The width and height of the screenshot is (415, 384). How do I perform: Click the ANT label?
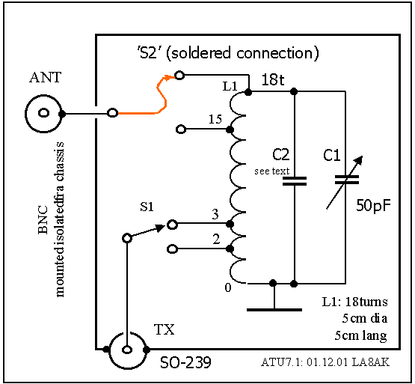pos(46,77)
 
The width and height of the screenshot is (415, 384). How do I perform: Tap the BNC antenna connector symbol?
pos(44,113)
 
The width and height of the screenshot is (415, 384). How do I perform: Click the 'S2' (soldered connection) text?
pos(228,53)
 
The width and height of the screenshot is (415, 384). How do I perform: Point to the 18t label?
pos(273,79)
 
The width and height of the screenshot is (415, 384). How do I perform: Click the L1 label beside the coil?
pos(230,86)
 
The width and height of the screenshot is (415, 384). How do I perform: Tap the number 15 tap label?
pos(215,119)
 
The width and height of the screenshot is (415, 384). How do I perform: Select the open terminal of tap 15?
pos(181,129)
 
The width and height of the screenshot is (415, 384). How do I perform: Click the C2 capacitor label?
pos(281,154)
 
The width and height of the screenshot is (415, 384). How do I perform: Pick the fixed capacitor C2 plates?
pos(295,181)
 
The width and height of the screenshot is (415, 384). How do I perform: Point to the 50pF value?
pos(373,205)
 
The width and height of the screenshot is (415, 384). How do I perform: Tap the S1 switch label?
pos(147,207)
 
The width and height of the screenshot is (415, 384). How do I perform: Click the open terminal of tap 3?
pos(172,225)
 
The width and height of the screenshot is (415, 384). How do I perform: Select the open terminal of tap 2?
pos(172,249)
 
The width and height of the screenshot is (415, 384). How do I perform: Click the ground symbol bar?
pos(274,310)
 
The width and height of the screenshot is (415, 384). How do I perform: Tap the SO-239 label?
pos(185,362)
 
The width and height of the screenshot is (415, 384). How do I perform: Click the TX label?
pos(164,329)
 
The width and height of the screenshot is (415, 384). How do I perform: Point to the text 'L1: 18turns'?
pos(354,302)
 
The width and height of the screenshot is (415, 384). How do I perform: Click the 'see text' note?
pos(272,171)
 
